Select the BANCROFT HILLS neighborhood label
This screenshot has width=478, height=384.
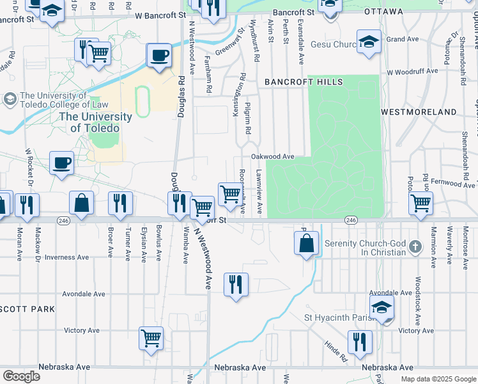coord(304,82)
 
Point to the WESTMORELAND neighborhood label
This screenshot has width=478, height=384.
coord(419,112)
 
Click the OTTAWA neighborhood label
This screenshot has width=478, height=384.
coord(383,12)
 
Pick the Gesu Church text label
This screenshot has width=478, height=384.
coord(332,45)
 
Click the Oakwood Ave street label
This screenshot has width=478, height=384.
coord(272,156)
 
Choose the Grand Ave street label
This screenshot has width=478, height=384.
coord(403,39)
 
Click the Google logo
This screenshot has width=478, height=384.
coord(21,376)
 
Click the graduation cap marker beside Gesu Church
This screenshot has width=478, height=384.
coord(369,42)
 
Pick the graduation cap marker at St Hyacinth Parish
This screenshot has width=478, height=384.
coord(382,308)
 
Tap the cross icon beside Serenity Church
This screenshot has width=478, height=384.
coord(415,247)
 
